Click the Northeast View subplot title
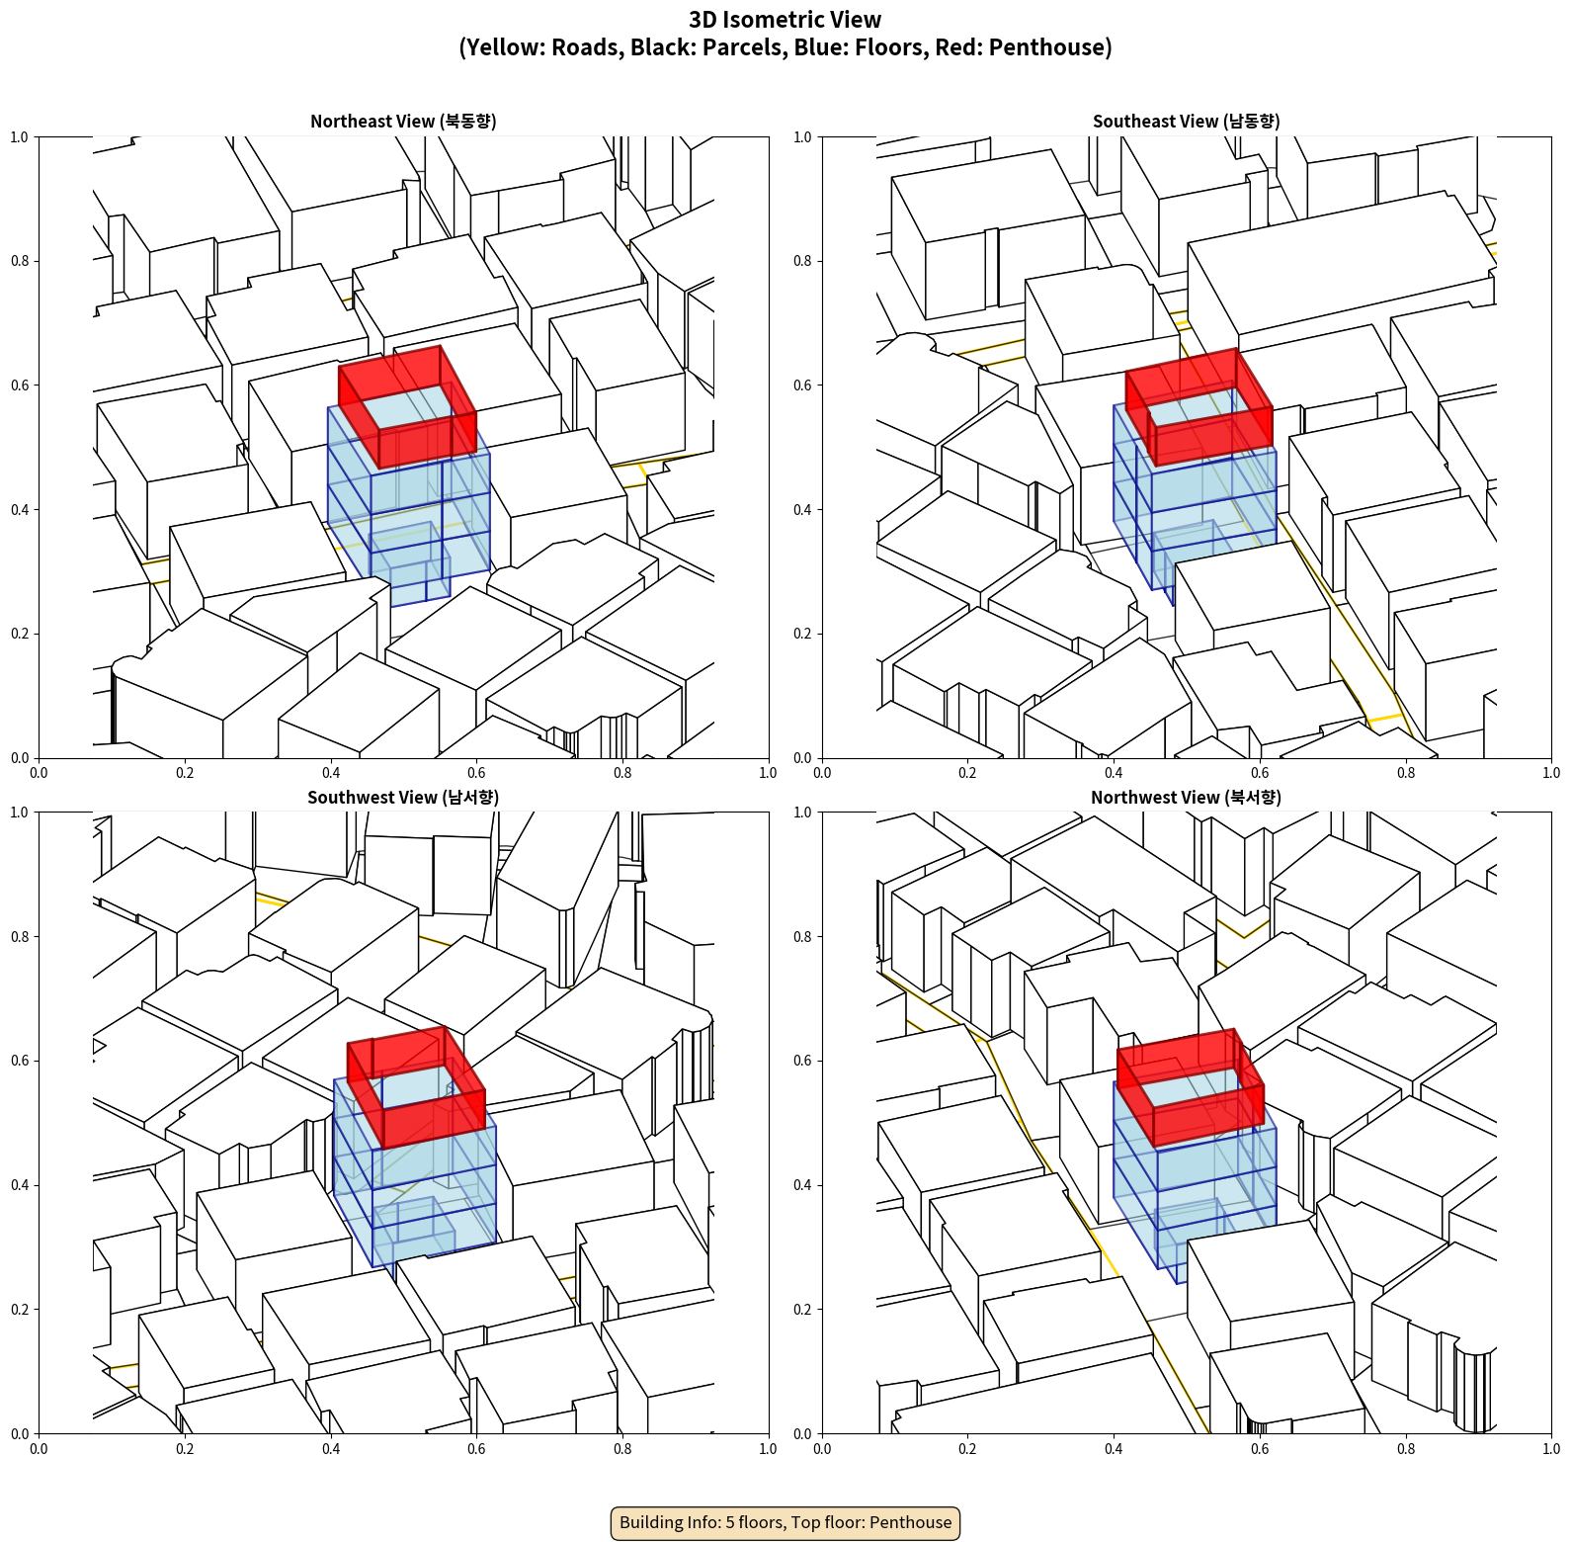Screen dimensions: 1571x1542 (x=403, y=122)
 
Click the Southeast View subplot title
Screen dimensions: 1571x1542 (x=1186, y=122)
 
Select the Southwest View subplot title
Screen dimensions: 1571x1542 (x=403, y=798)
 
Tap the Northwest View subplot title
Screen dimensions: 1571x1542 (x=1186, y=798)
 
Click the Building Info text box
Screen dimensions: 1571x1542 (x=785, y=1522)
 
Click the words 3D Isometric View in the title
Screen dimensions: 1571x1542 (x=785, y=20)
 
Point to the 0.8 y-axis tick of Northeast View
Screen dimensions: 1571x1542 (x=21, y=261)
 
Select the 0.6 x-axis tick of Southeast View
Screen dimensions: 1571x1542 (x=1260, y=773)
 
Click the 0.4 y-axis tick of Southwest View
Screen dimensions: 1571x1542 (x=21, y=1185)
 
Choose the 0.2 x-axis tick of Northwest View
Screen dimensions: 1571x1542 (x=967, y=1449)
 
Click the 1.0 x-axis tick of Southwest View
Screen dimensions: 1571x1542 (x=768, y=1449)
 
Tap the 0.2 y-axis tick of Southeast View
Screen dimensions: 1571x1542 (x=803, y=634)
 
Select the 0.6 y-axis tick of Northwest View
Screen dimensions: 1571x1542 (x=803, y=1061)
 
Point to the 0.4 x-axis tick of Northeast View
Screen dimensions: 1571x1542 (x=331, y=773)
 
